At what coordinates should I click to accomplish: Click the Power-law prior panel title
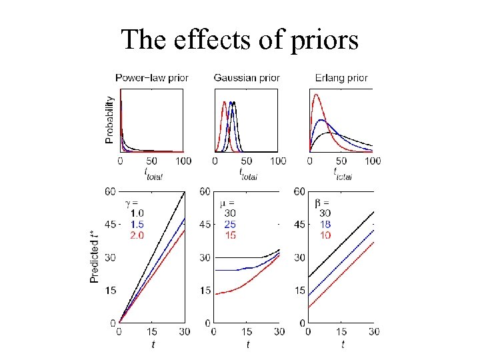[152, 78]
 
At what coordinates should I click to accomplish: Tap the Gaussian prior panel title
[247, 78]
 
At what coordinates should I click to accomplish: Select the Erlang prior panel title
[341, 78]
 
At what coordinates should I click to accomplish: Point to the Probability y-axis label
[110, 120]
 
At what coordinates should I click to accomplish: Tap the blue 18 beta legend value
[326, 223]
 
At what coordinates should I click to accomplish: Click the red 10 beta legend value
[326, 234]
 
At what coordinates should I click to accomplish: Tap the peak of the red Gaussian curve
[225, 102]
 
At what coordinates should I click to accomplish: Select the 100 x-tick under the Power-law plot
[183, 161]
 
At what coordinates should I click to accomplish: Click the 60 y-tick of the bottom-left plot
[111, 192]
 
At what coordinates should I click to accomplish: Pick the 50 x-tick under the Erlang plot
[341, 161]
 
